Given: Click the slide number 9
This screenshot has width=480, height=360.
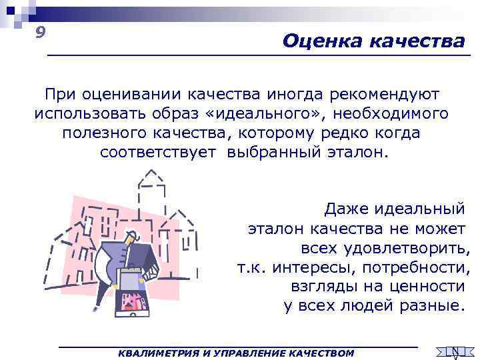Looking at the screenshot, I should tap(41, 33).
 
